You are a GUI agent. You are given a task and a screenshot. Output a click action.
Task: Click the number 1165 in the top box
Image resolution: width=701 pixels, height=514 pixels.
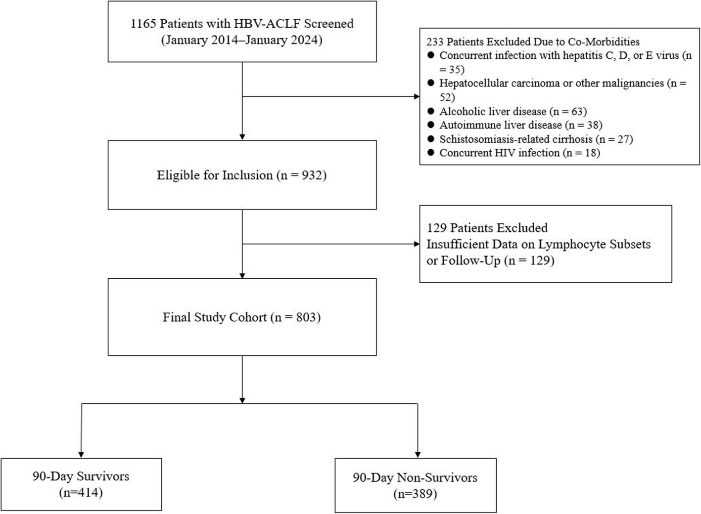tap(143, 23)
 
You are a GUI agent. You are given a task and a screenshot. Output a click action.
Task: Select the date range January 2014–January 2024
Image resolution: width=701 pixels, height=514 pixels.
tap(242, 40)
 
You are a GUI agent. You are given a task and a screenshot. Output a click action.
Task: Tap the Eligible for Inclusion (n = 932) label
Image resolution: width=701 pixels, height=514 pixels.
tap(242, 175)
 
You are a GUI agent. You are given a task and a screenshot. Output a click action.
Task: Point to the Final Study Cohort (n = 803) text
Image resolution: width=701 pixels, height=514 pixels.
tap(242, 317)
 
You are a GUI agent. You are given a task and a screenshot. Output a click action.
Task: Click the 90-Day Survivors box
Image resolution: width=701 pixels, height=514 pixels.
tap(81, 484)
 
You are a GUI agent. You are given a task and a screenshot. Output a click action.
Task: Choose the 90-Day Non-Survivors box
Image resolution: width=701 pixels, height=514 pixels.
tap(416, 485)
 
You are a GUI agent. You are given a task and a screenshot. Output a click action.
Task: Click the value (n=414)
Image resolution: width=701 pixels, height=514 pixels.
tap(81, 493)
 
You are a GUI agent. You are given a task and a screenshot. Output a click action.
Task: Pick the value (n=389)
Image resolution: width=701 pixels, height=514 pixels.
tap(415, 494)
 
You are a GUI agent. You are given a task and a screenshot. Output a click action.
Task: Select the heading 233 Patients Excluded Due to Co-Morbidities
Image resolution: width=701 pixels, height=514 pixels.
tap(533, 42)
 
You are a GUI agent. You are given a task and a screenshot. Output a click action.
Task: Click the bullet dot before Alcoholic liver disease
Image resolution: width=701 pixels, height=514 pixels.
tap(431, 111)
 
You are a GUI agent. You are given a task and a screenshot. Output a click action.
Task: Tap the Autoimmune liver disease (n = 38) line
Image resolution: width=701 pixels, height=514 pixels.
tap(521, 125)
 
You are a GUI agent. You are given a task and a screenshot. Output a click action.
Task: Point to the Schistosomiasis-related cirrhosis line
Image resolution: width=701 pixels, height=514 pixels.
tap(536, 139)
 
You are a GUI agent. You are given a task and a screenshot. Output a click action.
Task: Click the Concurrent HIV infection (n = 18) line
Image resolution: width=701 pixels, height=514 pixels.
tap(520, 153)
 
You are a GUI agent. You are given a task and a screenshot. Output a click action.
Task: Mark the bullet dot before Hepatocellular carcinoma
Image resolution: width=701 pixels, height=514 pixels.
tap(431, 83)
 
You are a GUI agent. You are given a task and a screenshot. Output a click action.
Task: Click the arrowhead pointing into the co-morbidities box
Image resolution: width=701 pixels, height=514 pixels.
tap(417, 96)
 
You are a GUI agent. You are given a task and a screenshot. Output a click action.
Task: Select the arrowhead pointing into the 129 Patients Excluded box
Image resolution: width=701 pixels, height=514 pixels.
tap(417, 244)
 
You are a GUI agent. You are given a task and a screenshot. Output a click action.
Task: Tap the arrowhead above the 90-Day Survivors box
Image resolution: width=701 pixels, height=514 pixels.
tap(81, 455)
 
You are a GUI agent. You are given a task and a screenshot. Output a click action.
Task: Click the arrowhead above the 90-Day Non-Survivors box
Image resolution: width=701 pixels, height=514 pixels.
tap(418, 455)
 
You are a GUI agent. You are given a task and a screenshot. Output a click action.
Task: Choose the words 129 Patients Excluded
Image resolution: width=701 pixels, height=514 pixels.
tap(487, 228)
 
